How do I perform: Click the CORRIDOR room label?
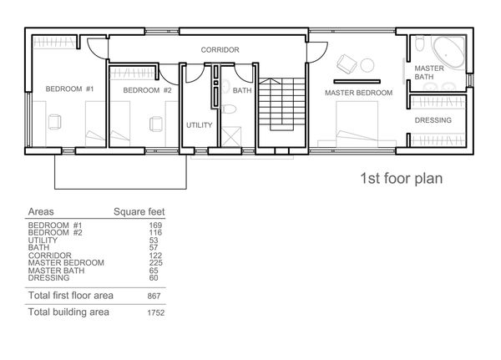pyautogui.click(x=220, y=50)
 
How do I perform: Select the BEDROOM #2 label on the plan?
pyautogui.click(x=147, y=90)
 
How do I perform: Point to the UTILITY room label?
pyautogui.click(x=199, y=125)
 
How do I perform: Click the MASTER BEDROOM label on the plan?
pyautogui.click(x=358, y=93)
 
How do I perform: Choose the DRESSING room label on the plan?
pyautogui.click(x=433, y=120)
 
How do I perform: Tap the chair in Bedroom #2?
pyautogui.click(x=156, y=123)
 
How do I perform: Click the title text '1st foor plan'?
pyautogui.click(x=401, y=179)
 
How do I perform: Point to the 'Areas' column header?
pyautogui.click(x=42, y=211)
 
